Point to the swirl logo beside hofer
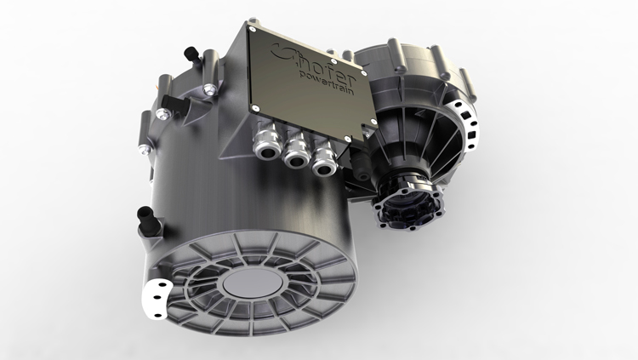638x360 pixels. [280, 52]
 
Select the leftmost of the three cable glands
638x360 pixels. [267, 142]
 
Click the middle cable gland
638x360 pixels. [295, 152]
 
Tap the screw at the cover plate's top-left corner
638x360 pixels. [253, 29]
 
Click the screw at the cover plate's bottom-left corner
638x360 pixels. [255, 108]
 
